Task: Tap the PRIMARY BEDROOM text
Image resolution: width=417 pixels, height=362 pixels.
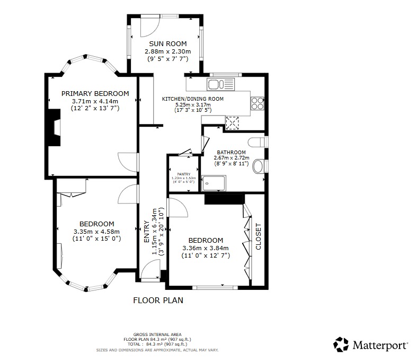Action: [x=95, y=93]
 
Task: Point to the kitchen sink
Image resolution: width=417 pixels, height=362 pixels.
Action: [x=217, y=84]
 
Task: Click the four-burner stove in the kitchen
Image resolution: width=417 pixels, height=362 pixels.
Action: [x=257, y=103]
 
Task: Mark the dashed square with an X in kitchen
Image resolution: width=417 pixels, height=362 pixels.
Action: [x=233, y=122]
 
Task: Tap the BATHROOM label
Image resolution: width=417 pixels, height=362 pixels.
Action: [x=230, y=152]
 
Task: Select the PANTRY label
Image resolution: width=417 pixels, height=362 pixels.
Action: [x=183, y=173]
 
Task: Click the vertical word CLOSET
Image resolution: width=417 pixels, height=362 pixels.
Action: [x=259, y=236]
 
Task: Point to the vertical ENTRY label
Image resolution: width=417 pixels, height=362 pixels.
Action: [x=147, y=232]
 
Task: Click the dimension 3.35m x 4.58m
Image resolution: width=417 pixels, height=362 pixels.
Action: [x=96, y=231]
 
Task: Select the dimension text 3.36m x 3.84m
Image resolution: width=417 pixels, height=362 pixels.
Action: [x=205, y=248]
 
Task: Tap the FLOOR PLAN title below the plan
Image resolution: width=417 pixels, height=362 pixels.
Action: [x=157, y=301]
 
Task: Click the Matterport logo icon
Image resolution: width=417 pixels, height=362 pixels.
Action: [x=341, y=344]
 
